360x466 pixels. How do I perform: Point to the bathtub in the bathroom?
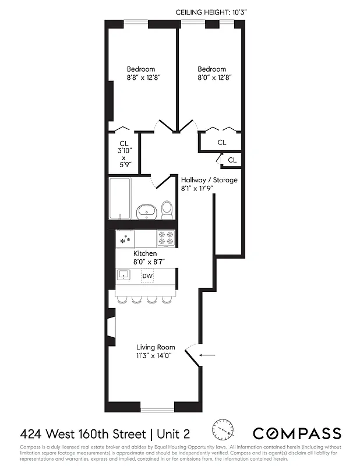pyautogui.click(x=120, y=198)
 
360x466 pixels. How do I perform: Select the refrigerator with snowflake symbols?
pyautogui.click(x=125, y=239)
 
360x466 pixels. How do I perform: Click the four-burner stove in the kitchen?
pyautogui.click(x=165, y=238)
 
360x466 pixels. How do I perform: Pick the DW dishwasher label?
pyautogui.click(x=147, y=276)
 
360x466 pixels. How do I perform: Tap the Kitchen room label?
pyautogui.click(x=145, y=257)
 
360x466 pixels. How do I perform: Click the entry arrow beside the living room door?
pyautogui.click(x=207, y=354)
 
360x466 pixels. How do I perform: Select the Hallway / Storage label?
pyautogui.click(x=209, y=184)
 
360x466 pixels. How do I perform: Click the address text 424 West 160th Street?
pyautogui.click(x=105, y=434)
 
